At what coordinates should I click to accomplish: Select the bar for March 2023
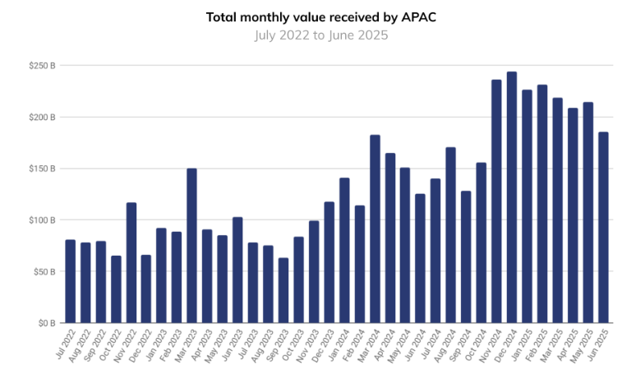[x=191, y=246]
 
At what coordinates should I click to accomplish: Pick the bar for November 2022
[x=131, y=262]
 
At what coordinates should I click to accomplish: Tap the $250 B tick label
[x=41, y=66]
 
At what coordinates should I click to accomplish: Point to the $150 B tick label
[x=41, y=169]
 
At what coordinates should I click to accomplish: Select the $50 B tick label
[x=43, y=271]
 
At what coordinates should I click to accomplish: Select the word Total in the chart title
[x=221, y=16]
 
